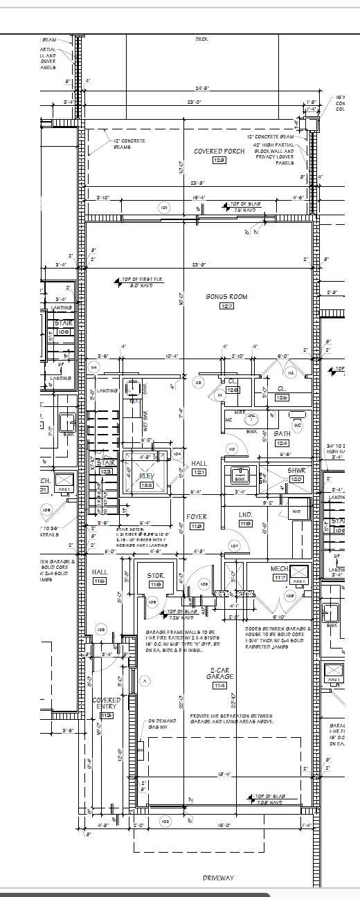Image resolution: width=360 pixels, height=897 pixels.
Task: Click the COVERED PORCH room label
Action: tap(219, 151)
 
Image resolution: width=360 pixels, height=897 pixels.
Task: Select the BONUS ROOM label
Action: tap(226, 296)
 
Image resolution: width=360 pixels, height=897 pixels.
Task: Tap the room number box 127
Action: tap(226, 306)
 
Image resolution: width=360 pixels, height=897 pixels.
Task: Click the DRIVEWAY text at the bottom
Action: tap(218, 878)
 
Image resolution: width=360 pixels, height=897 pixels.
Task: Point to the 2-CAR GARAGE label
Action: tap(221, 673)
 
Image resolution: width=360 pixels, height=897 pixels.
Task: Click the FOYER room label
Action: tap(196, 516)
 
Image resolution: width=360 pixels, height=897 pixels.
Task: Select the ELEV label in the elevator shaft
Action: tap(146, 475)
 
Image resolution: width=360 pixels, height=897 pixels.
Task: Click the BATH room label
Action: tap(282, 434)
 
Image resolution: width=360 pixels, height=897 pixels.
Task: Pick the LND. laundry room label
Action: tap(245, 515)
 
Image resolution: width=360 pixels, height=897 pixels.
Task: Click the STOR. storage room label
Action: tap(155, 575)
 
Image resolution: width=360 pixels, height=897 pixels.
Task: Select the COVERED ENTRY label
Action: tap(107, 703)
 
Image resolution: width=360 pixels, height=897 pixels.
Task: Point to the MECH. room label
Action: tap(279, 568)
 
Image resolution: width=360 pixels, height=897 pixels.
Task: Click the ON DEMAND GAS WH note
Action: tap(161, 724)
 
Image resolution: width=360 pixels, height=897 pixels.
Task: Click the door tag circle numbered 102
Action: tap(165, 821)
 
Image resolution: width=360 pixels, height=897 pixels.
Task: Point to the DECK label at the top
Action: tap(201, 39)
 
